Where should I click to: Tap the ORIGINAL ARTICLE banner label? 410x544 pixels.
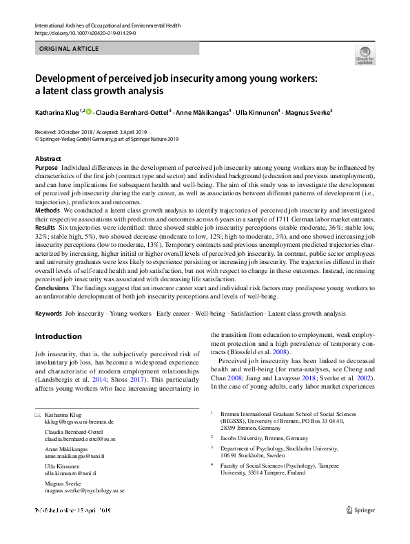tap(70, 49)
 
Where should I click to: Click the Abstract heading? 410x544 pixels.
tap(48, 159)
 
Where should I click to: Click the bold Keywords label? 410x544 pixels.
tap(48, 314)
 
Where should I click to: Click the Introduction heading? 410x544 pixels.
tap(58, 337)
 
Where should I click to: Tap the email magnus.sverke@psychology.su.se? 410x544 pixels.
tap(84, 491)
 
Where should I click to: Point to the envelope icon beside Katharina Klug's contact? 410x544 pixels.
tap(37, 415)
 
